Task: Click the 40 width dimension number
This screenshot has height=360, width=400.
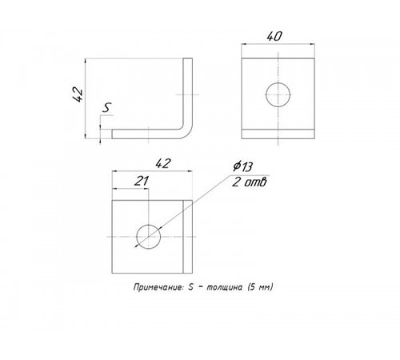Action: click(274, 37)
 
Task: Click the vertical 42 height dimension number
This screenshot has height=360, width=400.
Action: click(78, 94)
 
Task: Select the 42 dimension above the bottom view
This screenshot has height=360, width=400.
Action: click(162, 163)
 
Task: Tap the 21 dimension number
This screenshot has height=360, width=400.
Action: click(141, 182)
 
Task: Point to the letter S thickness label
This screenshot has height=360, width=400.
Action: click(107, 108)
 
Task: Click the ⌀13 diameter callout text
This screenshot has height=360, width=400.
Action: click(242, 166)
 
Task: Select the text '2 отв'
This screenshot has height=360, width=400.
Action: click(250, 182)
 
